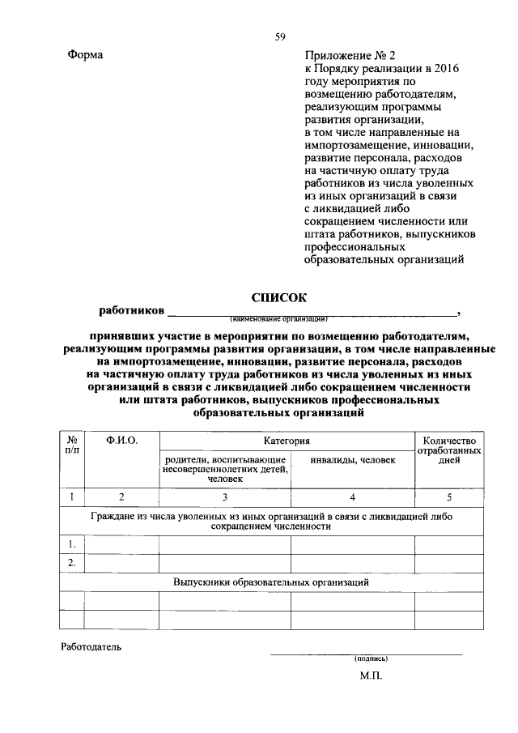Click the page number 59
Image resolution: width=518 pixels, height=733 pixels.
(279, 36)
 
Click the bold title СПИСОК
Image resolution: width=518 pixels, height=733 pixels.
(279, 297)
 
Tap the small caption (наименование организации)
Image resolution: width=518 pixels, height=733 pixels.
(278, 318)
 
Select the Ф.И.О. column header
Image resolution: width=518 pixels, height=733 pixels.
(122, 440)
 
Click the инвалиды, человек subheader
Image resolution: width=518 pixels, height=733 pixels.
(353, 460)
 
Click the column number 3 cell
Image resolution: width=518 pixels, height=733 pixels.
(225, 497)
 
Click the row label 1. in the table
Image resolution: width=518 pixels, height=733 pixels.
(72, 543)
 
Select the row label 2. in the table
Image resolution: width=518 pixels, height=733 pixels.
(72, 563)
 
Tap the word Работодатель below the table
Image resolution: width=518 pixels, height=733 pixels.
(91, 647)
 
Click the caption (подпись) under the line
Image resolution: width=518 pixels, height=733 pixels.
(372, 658)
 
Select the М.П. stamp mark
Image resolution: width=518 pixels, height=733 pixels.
(371, 675)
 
